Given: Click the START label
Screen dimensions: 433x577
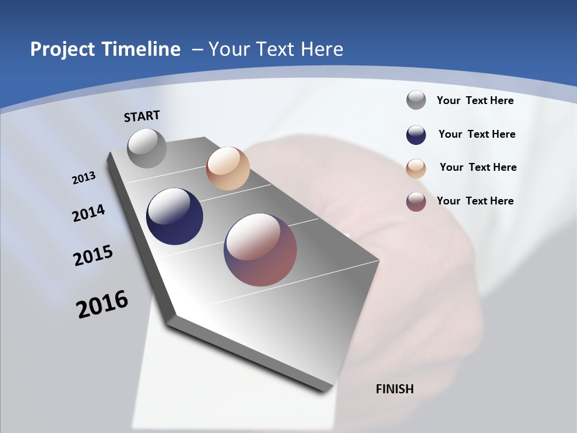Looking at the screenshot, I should pos(142,116).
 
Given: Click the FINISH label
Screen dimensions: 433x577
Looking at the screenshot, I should pos(395,389).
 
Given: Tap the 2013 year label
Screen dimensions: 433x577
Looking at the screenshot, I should pos(84,178).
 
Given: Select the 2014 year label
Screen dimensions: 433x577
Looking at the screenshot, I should pos(88,213).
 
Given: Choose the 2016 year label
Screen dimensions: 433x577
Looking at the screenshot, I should pos(102,304).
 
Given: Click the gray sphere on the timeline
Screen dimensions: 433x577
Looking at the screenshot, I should pos(147,148).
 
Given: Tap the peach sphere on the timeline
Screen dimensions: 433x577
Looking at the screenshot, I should pos(228,168).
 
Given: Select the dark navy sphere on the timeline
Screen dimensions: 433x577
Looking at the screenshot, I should pos(175,216).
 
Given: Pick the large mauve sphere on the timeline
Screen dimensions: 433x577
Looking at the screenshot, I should pos(260,249).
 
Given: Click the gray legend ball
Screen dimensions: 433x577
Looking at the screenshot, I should pos(416,100).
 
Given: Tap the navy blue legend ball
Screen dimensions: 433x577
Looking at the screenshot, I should pos(416,135).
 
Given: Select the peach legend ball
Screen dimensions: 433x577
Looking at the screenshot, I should pos(416,168).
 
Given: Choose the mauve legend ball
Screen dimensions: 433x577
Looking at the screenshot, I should pos(416,201).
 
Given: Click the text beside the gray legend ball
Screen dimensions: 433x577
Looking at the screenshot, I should pos(475,100).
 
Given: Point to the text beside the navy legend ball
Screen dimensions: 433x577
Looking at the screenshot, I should pos(477,134).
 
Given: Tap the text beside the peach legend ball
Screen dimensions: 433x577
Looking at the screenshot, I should pos(478,167).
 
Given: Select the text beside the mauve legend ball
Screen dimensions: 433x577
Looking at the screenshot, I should pos(475,201).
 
